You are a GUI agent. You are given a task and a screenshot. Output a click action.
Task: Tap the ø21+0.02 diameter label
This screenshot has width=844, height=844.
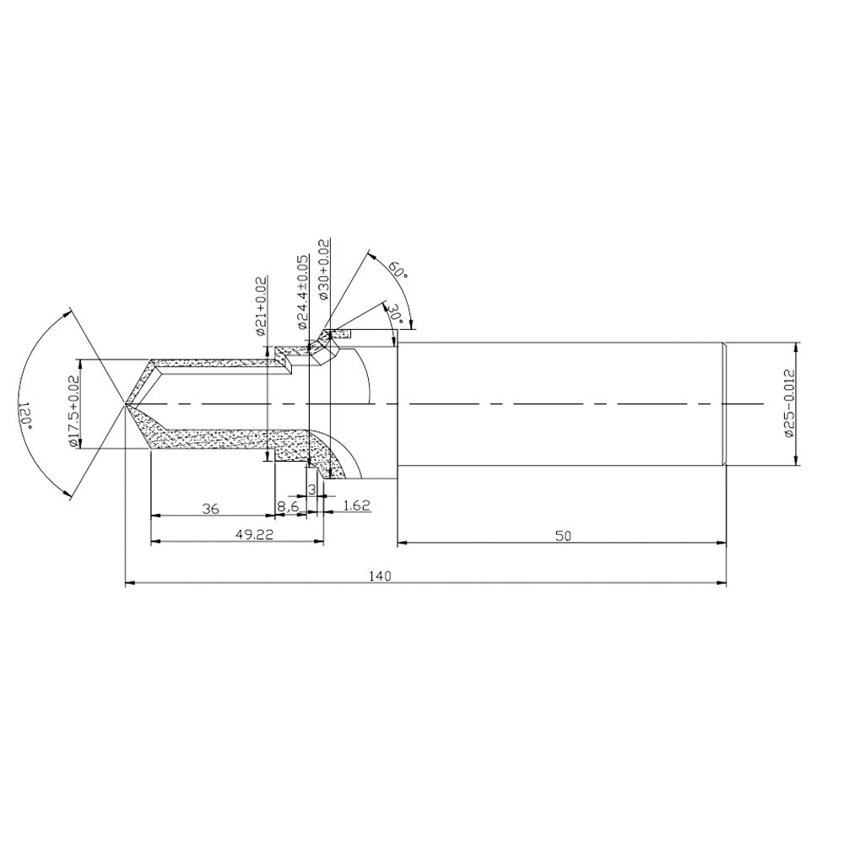262,306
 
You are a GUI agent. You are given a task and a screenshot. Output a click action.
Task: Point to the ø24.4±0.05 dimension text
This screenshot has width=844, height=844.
303,292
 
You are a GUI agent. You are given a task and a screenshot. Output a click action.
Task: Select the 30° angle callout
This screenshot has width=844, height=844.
398,312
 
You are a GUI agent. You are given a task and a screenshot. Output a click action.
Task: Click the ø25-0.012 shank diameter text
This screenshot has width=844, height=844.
789,403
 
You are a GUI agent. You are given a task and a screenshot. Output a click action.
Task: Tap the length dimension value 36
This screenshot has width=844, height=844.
210,508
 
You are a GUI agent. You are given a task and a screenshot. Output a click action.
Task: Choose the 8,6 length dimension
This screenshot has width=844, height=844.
288,507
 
